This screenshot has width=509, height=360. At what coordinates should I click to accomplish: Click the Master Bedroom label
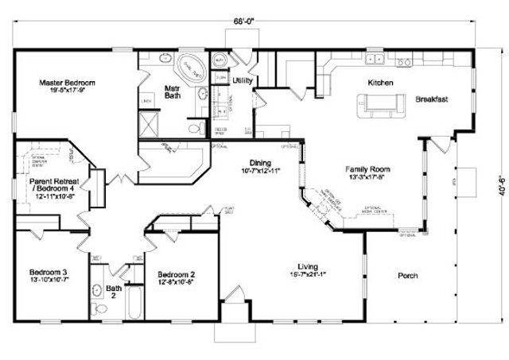click(x=68, y=82)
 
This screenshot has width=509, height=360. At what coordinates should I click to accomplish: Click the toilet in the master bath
click(x=193, y=128)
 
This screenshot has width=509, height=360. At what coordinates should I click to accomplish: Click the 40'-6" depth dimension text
click(x=492, y=191)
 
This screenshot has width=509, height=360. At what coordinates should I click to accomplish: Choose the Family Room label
click(x=366, y=169)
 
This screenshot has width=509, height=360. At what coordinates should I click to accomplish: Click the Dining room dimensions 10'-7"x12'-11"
click(x=260, y=171)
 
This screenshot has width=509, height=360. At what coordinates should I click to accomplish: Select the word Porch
click(x=406, y=276)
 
